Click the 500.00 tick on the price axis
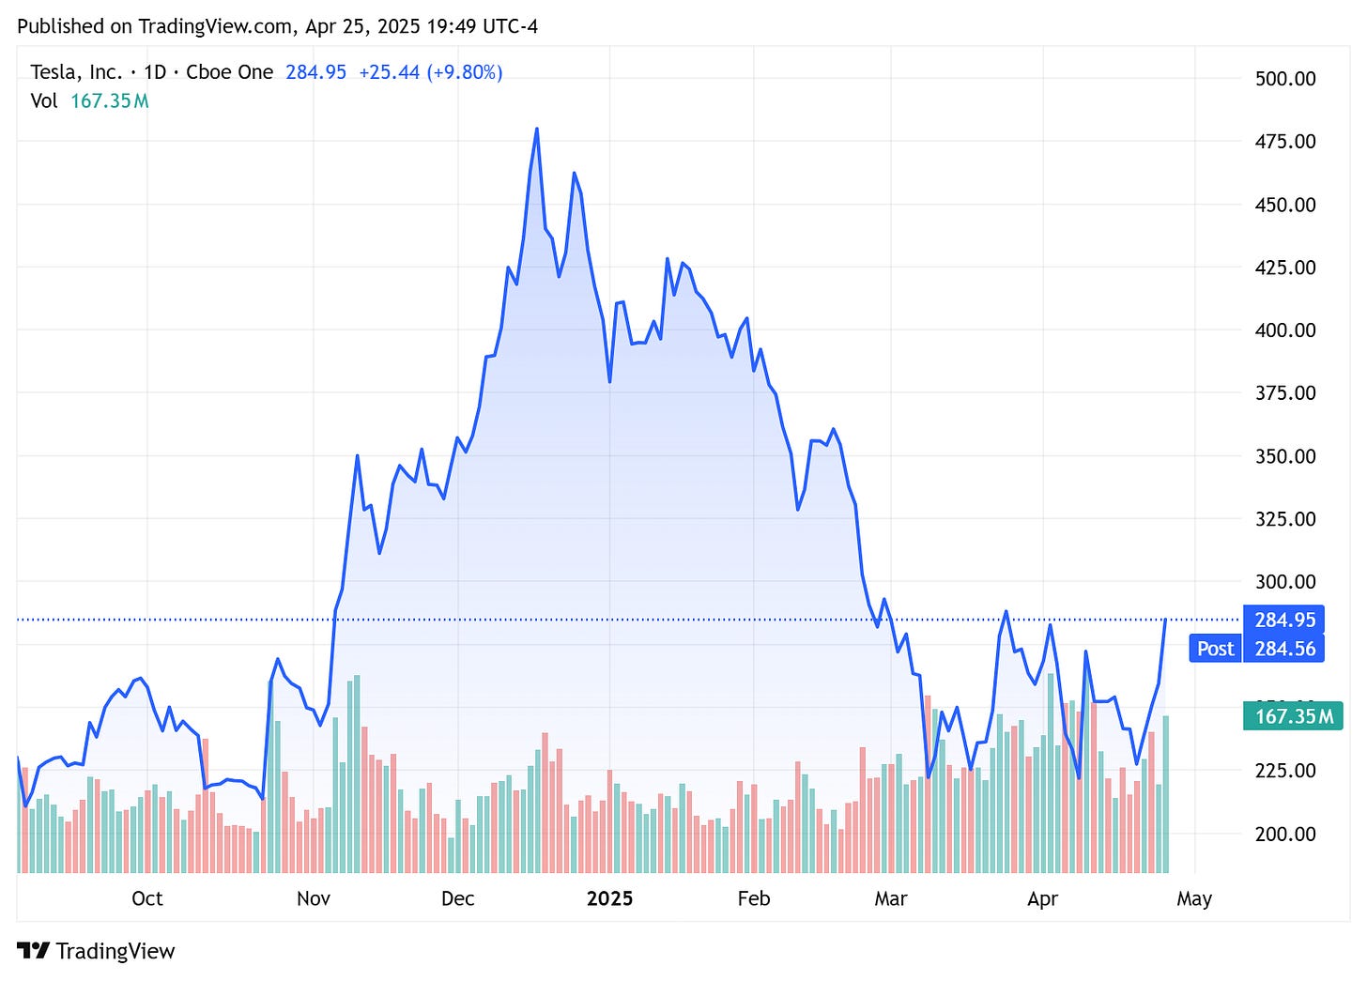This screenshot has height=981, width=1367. pos(1285,78)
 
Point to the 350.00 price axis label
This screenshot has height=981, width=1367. pos(1285,456)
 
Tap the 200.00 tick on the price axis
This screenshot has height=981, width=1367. pos(1285,834)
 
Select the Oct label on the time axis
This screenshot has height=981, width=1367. pos(147,898)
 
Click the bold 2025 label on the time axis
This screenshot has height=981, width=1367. pos(609,898)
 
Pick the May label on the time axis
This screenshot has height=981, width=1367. pos(1194,898)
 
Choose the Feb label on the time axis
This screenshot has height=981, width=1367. pos(754,898)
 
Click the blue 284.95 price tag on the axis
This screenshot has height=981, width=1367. pos(1284,620)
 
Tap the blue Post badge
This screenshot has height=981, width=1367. pos(1215,649)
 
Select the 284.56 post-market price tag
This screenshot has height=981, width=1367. pos(1284,649)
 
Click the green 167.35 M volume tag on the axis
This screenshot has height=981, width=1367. pos(1293,716)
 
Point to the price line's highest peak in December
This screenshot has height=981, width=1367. pos(536,130)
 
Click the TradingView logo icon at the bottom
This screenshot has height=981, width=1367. pos(33,951)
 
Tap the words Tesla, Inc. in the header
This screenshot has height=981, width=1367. pos(76,72)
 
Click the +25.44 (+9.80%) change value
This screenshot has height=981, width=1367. pos(430,72)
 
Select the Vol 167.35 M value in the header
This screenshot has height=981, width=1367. pos(109,100)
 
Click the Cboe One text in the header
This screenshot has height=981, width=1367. pos(229,72)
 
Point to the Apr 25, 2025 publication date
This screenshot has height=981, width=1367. pos(362,26)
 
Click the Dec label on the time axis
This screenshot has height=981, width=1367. pos(457,898)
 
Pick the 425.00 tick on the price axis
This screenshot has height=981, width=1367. pos(1285,268)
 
